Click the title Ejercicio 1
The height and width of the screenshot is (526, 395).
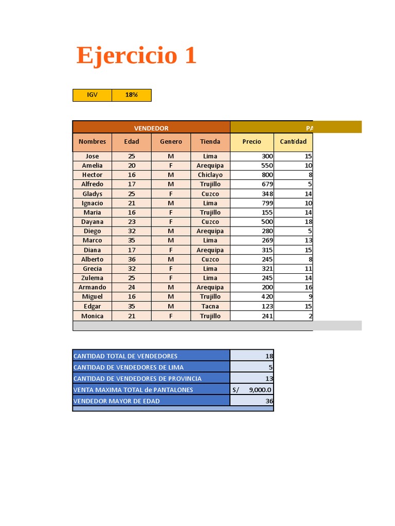click(x=136, y=55)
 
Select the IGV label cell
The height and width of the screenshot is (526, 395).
click(x=92, y=95)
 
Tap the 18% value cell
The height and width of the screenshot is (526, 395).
click(x=132, y=95)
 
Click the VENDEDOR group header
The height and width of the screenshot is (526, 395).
click(x=151, y=128)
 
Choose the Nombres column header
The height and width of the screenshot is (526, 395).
click(x=92, y=142)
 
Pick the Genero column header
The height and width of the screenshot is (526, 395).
click(x=171, y=142)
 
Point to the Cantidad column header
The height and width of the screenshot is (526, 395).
click(x=293, y=142)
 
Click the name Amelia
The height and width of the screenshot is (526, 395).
click(x=92, y=165)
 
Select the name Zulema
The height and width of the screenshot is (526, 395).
click(x=92, y=278)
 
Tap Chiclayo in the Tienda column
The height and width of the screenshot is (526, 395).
click(x=210, y=175)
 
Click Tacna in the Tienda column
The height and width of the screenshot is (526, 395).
click(x=210, y=306)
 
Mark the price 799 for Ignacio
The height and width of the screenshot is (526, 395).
click(x=266, y=203)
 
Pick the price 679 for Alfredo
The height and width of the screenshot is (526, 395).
click(x=266, y=184)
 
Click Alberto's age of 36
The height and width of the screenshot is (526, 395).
click(x=132, y=259)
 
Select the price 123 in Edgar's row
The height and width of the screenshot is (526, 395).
click(x=266, y=306)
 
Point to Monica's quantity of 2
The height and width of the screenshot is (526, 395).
click(x=310, y=316)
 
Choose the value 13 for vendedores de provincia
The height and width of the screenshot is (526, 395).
click(x=269, y=379)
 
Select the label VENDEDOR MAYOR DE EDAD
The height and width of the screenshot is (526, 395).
click(x=117, y=401)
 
